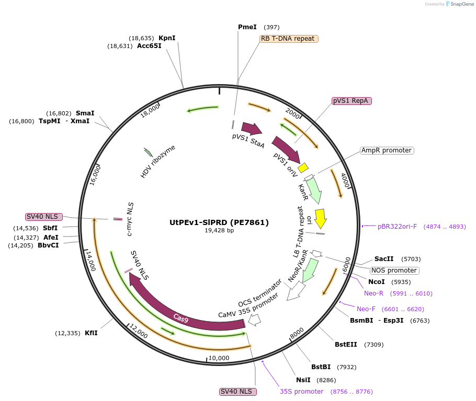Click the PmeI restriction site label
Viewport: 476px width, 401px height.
(247, 27)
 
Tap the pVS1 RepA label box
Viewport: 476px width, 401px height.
(352, 101)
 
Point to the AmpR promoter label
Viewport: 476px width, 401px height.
(387, 150)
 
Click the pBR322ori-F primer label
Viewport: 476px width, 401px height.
(397, 227)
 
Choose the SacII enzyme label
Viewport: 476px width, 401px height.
(384, 259)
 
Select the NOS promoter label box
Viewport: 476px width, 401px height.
(394, 270)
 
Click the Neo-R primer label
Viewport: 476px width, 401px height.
(373, 293)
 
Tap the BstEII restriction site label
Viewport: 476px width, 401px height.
(346, 344)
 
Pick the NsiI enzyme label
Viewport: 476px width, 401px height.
(303, 380)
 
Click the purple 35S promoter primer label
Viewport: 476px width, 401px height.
(301, 392)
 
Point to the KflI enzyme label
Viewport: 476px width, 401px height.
(91, 333)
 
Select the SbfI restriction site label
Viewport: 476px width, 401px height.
(50, 228)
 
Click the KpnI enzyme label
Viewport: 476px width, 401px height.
(167, 38)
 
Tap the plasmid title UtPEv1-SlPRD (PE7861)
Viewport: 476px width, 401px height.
(219, 222)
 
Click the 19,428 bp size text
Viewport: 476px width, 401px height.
(219, 230)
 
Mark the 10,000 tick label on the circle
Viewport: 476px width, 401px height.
(219, 358)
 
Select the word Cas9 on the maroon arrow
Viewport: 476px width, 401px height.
(181, 318)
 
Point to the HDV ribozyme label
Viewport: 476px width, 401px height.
(157, 161)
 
